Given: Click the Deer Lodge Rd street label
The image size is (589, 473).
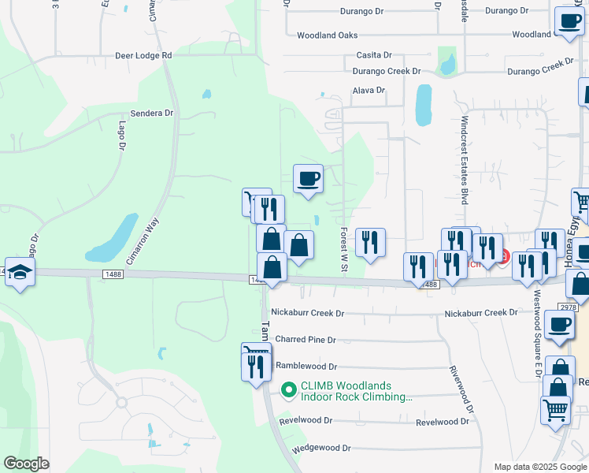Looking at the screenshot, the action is click(x=143, y=56).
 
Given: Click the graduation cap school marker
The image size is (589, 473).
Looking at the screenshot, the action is click(x=19, y=272).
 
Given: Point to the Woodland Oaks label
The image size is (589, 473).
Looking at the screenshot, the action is click(x=327, y=35).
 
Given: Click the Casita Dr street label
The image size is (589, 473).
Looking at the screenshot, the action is click(x=374, y=55).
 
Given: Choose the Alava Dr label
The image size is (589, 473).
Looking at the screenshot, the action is click(x=368, y=91).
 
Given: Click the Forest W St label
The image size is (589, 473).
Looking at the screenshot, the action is click(x=344, y=251).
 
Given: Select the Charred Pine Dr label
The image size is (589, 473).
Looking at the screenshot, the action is click(x=305, y=340).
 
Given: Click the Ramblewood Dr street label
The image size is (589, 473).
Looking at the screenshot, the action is click(x=306, y=367).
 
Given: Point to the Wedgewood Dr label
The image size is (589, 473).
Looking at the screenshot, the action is click(x=321, y=448).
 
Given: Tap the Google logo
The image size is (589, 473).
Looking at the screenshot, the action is click(x=27, y=464).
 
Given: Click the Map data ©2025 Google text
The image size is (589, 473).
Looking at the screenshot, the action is click(x=539, y=467).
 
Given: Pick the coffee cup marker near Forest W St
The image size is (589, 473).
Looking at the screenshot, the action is click(x=308, y=177).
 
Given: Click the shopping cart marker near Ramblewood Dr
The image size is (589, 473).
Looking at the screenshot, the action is click(x=256, y=353).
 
